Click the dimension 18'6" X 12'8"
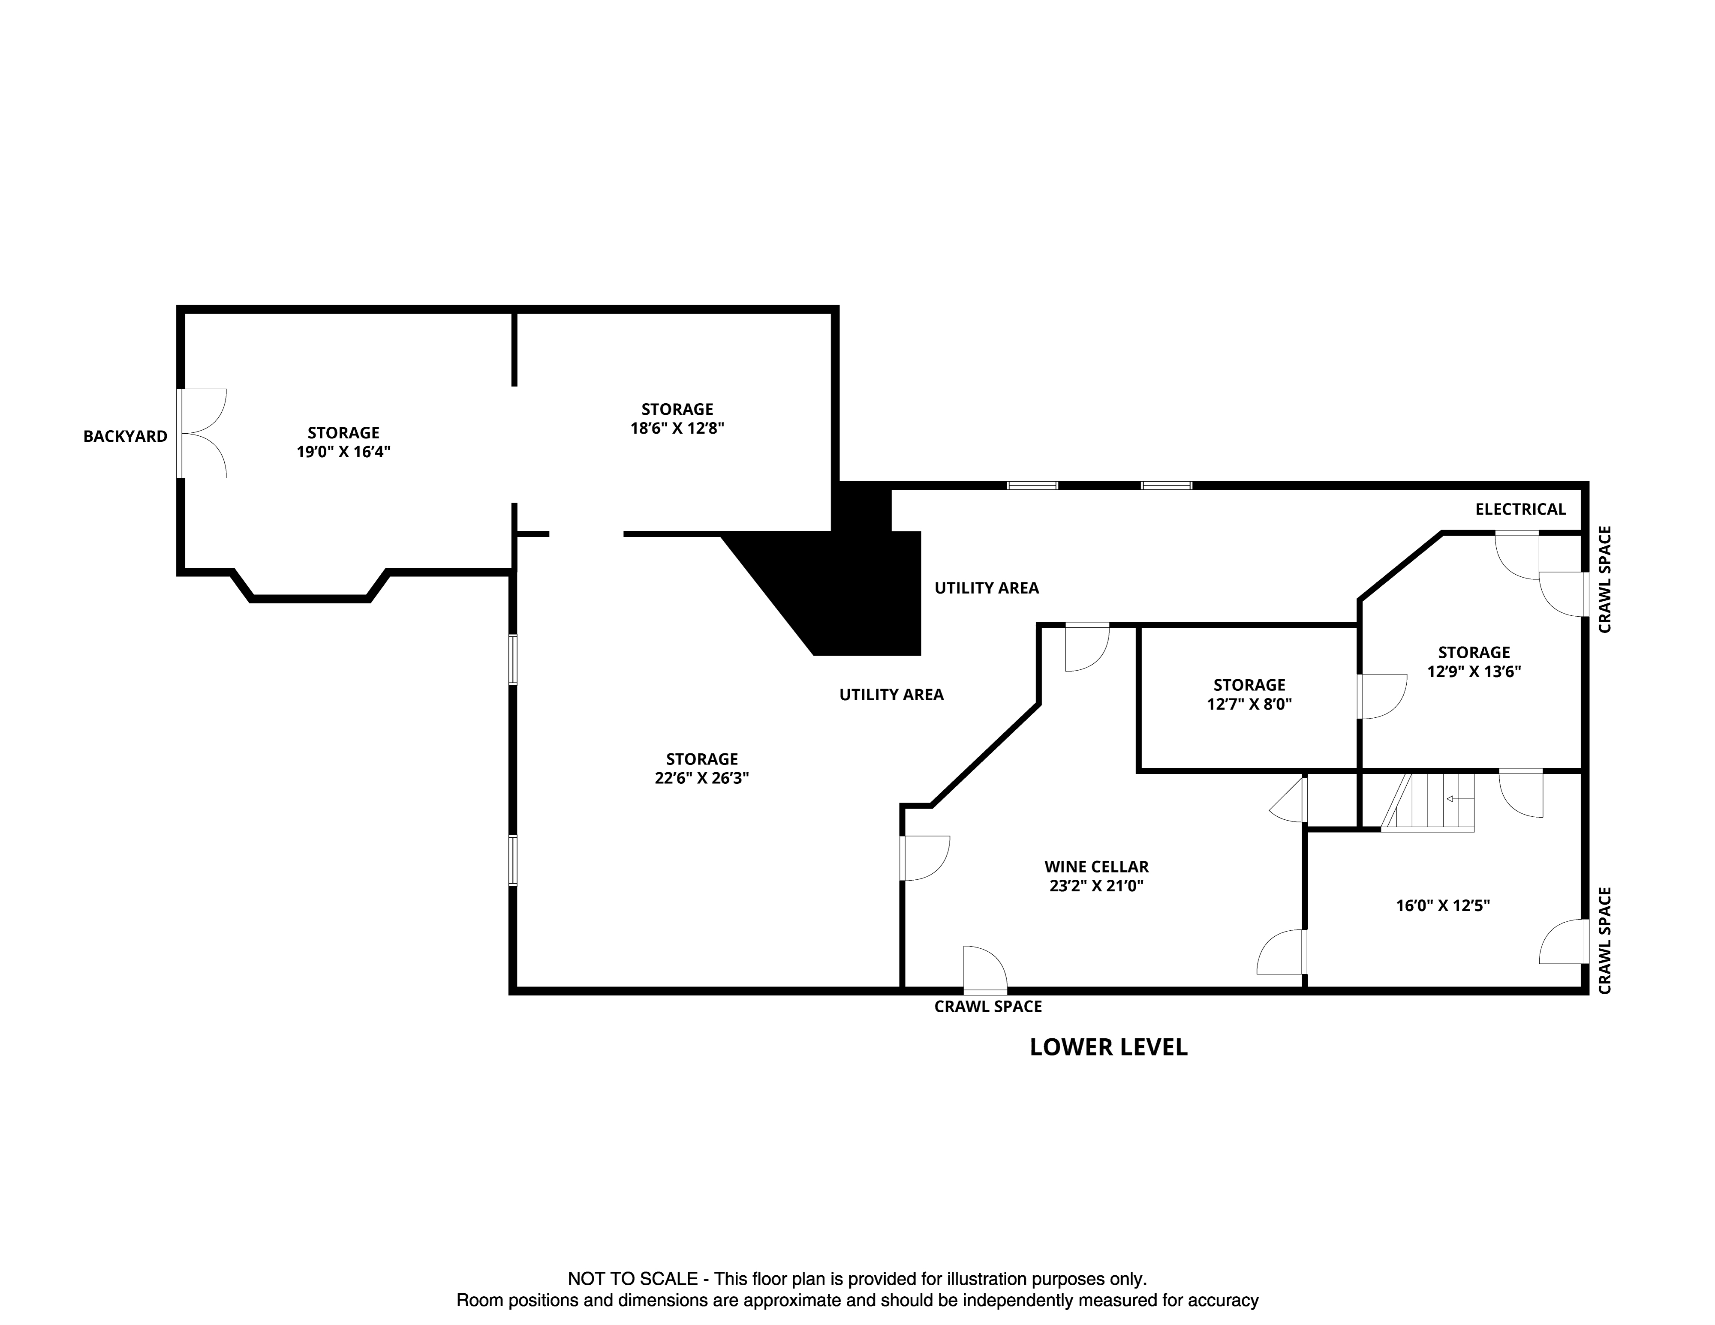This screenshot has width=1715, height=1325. point(677,429)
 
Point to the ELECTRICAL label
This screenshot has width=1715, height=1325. point(1520,510)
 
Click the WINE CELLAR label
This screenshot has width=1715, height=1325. point(1096,866)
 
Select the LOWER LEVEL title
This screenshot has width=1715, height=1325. point(1108,1047)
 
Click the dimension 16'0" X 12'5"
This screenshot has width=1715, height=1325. point(1442,905)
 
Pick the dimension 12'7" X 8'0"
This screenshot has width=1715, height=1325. point(1249,704)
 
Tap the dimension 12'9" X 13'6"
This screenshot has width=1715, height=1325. point(1474,672)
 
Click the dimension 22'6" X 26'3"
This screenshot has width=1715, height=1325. point(701,779)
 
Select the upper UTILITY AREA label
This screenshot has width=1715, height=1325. point(986,588)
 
